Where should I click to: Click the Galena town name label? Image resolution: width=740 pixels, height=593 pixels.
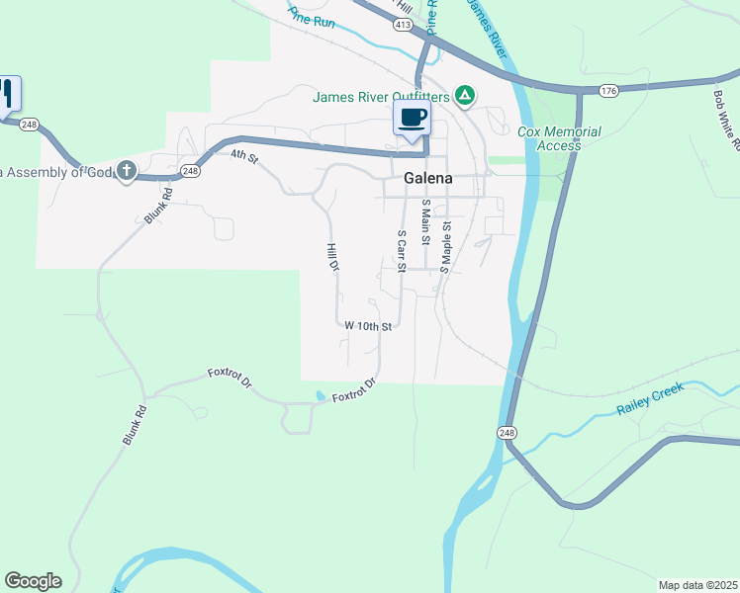pos(428,179)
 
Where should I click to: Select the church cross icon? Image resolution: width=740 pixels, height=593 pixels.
pos(126,171)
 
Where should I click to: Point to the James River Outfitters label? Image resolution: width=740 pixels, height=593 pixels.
pos(381,97)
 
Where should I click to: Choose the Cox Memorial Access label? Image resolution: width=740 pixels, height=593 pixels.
pos(559,138)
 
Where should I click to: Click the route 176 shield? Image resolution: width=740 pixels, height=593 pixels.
pos(608,90)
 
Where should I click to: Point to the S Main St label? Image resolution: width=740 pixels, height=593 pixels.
pos(425,217)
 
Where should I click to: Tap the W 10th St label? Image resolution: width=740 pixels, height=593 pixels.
pos(368,325)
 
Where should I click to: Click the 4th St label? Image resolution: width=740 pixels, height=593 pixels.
pos(243,156)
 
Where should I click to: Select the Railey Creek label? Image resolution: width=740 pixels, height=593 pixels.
pos(650,403)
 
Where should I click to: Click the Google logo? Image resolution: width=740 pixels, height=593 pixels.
pos(33,581)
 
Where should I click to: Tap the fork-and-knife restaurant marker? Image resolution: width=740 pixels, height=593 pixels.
pos(7,94)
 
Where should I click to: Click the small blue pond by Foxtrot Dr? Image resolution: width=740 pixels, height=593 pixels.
pos(320,396)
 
